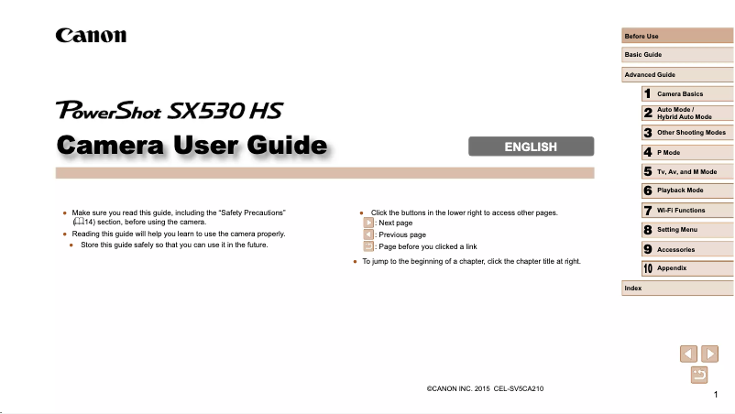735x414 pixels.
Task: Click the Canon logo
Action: click(91, 36)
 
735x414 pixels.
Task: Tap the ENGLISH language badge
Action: click(532, 147)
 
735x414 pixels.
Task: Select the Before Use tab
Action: click(677, 36)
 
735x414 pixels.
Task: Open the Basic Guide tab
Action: click(677, 55)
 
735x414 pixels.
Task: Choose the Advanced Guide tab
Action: click(677, 74)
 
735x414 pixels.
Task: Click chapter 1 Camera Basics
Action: click(687, 93)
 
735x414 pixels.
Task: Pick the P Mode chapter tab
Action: click(687, 152)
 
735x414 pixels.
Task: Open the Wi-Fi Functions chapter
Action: click(687, 211)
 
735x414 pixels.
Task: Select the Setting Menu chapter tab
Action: click(687, 230)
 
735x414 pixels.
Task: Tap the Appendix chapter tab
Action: click(687, 268)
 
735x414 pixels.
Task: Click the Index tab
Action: click(677, 288)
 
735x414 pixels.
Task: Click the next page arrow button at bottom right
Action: click(709, 354)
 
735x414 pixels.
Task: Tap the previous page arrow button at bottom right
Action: click(688, 354)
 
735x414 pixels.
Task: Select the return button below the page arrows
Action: click(699, 376)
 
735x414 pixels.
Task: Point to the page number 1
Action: click(716, 395)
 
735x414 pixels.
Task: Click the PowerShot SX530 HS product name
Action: click(170, 111)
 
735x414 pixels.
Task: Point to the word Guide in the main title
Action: click(287, 146)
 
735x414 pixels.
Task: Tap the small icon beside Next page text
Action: click(368, 223)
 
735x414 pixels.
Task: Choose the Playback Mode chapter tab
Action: click(687, 191)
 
